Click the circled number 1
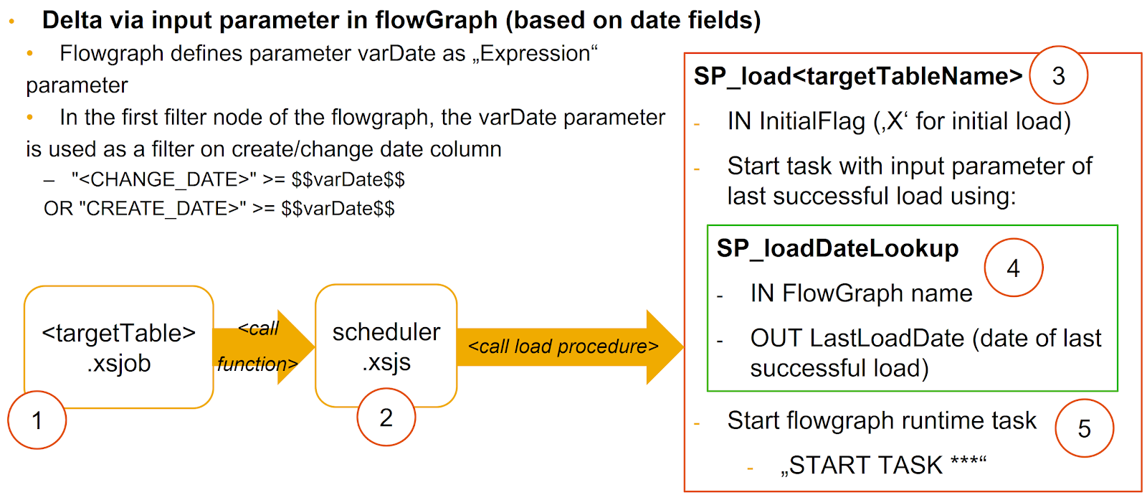(x=37, y=420)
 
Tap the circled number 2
(x=386, y=417)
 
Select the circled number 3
(x=1058, y=75)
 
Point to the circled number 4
(x=1013, y=268)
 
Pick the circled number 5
(x=1084, y=428)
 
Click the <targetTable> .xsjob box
(x=119, y=347)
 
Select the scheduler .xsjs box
(x=386, y=346)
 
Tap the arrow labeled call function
(x=262, y=346)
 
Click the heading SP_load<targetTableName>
(x=857, y=76)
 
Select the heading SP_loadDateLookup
(x=837, y=248)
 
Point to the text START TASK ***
(x=883, y=466)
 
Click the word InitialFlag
(x=812, y=121)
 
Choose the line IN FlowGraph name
(x=860, y=293)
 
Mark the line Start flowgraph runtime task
(x=881, y=420)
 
